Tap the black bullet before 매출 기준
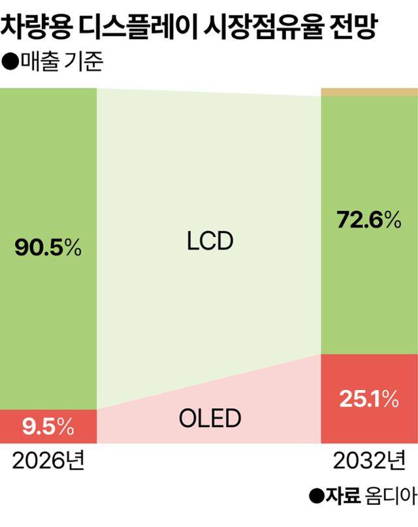click(x=10, y=64)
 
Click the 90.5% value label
click(x=47, y=248)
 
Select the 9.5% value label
click(x=47, y=428)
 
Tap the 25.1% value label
click(x=368, y=399)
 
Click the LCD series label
click(x=209, y=242)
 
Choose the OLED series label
click(x=209, y=417)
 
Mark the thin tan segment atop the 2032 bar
click(x=369, y=92)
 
